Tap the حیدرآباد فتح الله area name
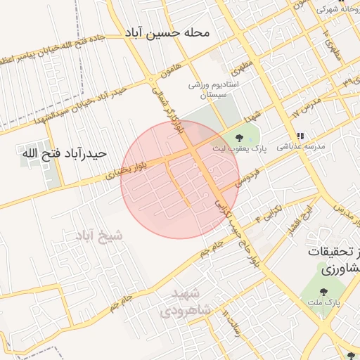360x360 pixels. click(x=64, y=153)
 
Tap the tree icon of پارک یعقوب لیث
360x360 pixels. click(x=240, y=138)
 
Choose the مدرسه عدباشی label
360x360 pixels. click(x=300, y=148)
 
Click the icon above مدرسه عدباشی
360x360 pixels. click(x=300, y=136)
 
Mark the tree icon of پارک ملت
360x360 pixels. click(x=323, y=291)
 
